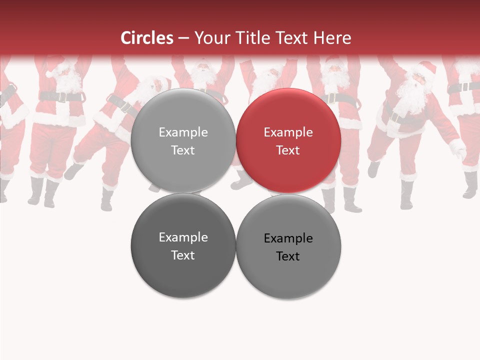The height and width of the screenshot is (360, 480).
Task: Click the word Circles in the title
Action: tap(146, 38)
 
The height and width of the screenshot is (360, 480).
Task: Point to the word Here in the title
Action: tap(332, 38)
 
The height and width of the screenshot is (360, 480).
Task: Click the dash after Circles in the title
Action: tap(183, 38)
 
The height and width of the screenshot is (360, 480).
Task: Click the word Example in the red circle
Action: tap(288, 132)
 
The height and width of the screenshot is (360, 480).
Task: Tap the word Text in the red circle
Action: tap(288, 150)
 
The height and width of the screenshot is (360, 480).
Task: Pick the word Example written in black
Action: tap(288, 238)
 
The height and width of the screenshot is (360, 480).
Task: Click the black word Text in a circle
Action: tap(288, 256)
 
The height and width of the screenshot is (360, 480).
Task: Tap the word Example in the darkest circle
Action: tap(183, 237)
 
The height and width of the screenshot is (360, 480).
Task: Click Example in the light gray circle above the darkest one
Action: tap(183, 132)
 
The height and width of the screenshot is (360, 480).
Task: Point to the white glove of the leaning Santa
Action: tap(457, 148)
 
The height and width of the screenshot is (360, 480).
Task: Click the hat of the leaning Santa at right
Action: tap(425, 68)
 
